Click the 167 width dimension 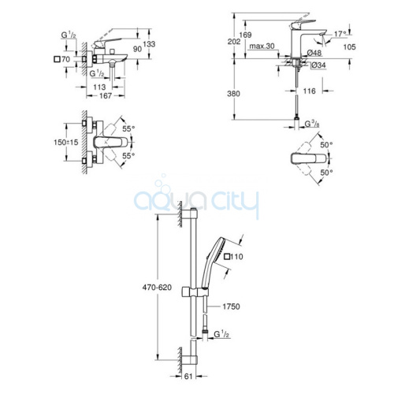click(106, 96)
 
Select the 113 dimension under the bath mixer click(99, 87)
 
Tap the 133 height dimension click(149, 44)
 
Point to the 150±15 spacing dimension click(66, 143)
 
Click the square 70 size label click(62, 59)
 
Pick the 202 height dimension click(234, 42)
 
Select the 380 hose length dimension click(233, 94)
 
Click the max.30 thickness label click(262, 46)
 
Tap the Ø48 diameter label click(314, 53)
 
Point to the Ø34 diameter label click(318, 65)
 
